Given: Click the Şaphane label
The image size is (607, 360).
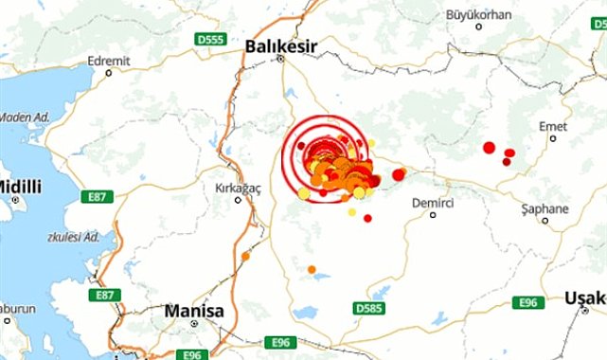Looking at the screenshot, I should [545, 208].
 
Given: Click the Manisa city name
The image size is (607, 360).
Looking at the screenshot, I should [193, 310].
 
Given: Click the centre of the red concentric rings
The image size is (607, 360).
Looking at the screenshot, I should [324, 153].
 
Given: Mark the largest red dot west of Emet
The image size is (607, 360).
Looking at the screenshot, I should [489, 147].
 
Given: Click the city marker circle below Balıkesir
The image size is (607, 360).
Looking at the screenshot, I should [281, 59].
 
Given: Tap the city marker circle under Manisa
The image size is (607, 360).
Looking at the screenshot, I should [194, 324].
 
